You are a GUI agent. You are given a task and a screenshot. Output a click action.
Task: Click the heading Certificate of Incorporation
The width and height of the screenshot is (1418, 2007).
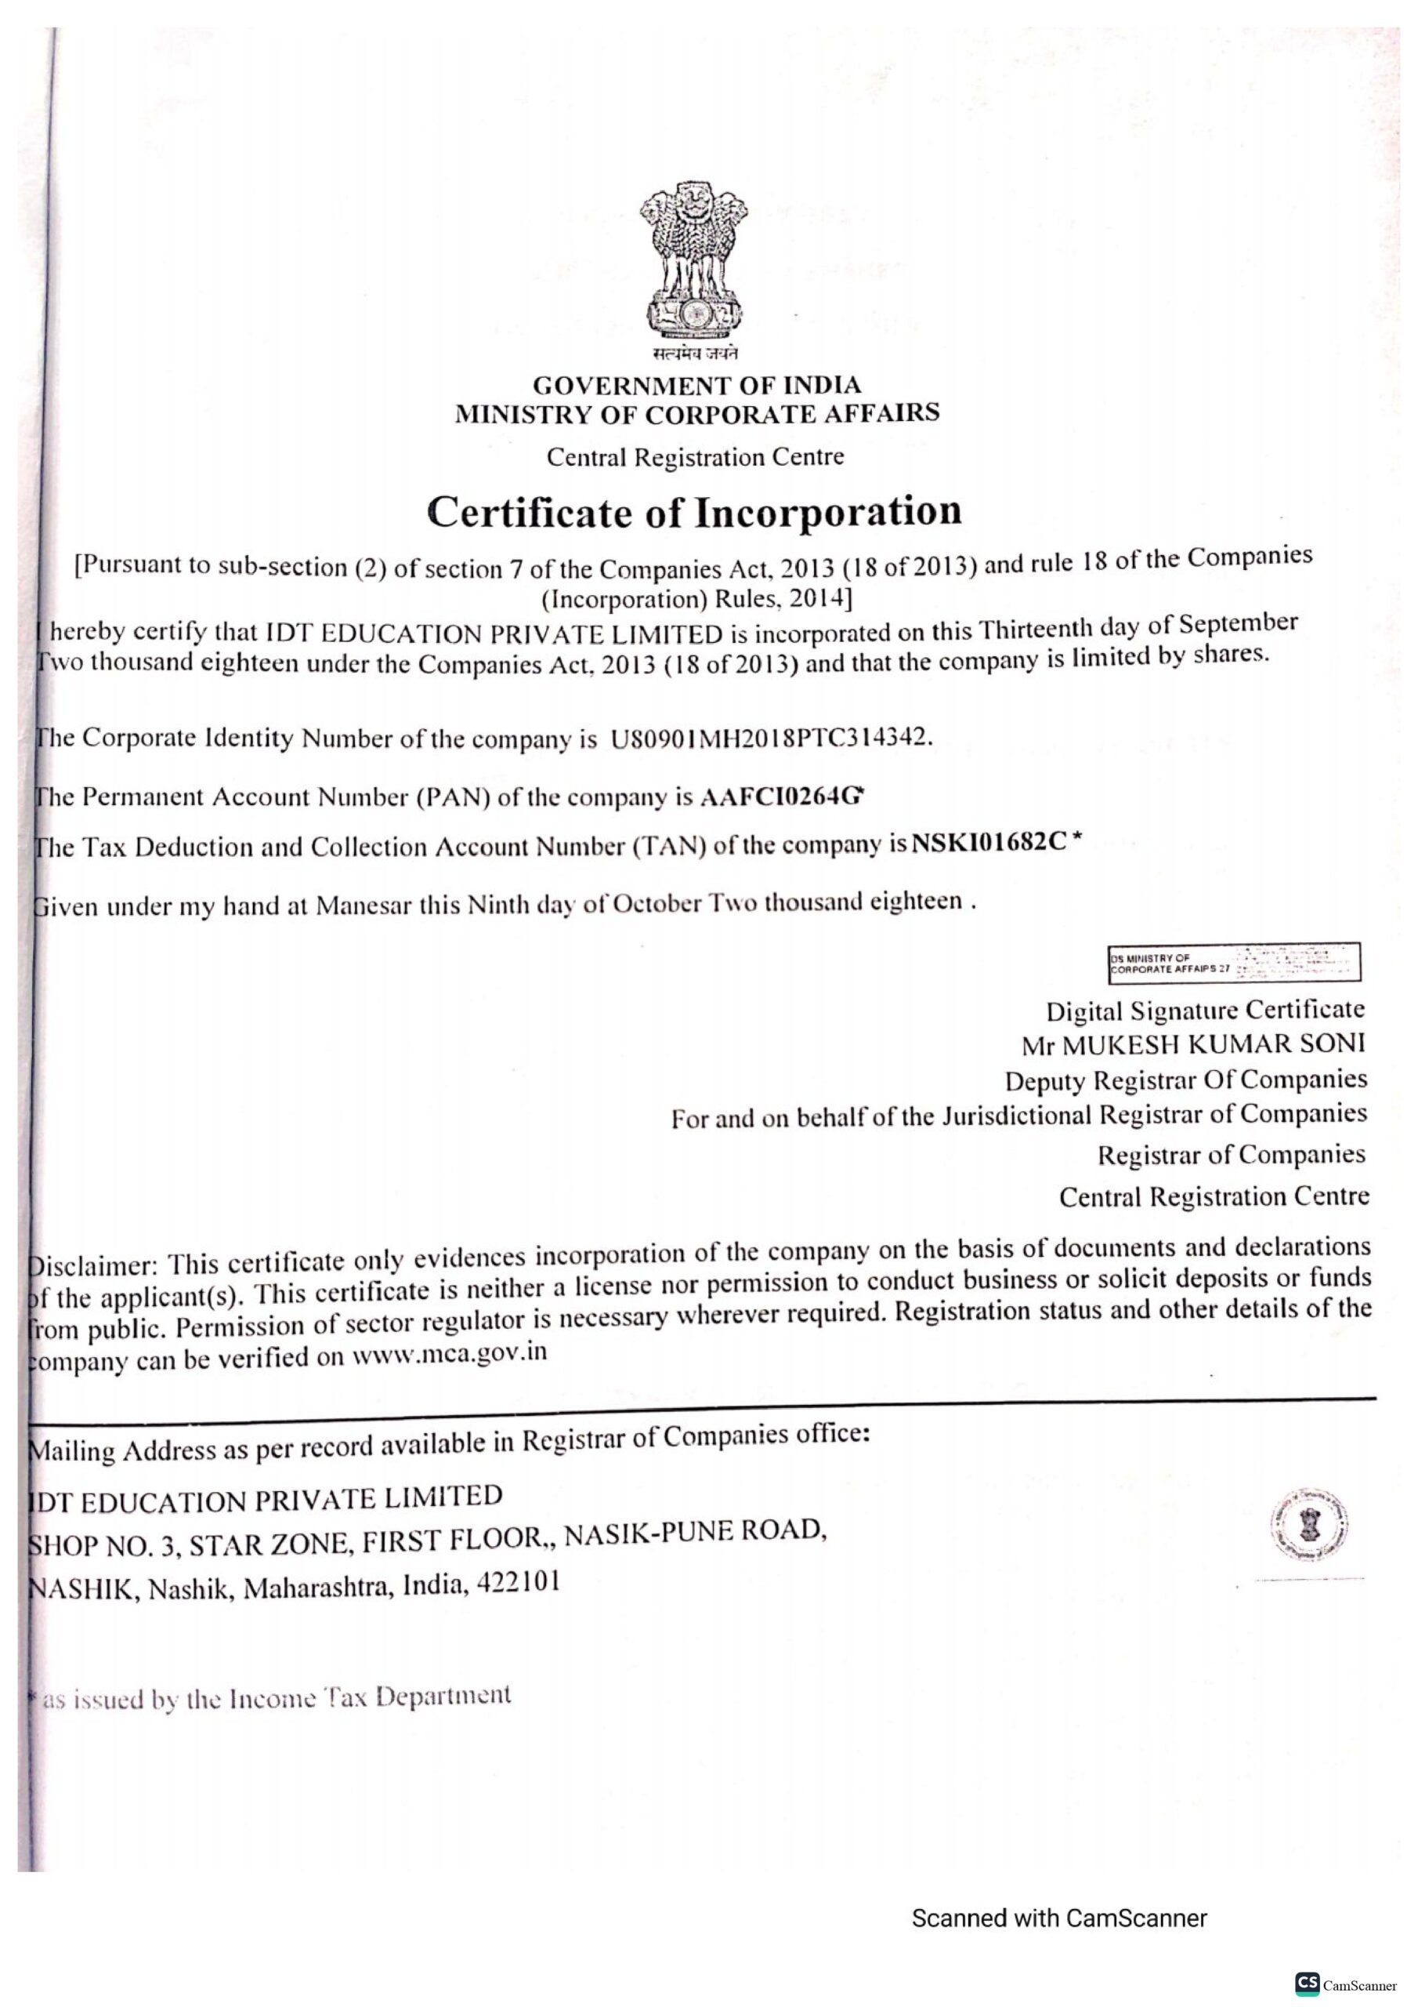(695, 511)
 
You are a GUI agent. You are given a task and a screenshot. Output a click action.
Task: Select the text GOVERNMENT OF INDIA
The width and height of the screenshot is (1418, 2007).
(696, 386)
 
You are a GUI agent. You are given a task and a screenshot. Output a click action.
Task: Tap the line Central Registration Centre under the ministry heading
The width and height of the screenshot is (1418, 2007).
(696, 457)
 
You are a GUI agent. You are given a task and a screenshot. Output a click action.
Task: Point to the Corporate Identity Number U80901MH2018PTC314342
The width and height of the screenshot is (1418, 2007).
(765, 738)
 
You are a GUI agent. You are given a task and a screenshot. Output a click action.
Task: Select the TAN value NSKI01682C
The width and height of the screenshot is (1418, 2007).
(989, 843)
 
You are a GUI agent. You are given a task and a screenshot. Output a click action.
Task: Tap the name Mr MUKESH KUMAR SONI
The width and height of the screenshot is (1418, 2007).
(1192, 1043)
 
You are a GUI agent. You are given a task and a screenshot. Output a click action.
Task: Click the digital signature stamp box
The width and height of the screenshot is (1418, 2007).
(1235, 963)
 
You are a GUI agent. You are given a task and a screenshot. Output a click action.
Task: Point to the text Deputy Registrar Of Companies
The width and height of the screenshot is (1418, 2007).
(1185, 1080)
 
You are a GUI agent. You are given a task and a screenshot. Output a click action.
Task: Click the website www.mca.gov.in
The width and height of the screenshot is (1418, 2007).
(450, 1354)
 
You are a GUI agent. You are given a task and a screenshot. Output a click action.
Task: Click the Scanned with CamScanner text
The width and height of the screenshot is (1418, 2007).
(1059, 1918)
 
